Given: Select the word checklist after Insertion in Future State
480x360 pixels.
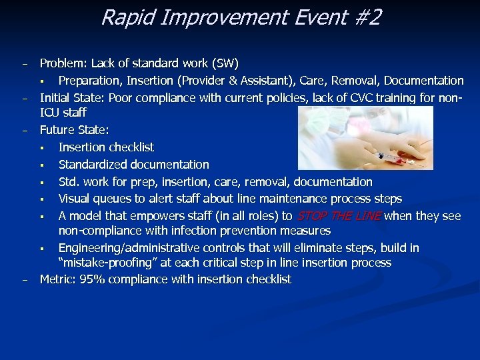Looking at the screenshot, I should click(x=131, y=147).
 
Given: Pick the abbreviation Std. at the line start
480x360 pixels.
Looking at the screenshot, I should click(x=69, y=182).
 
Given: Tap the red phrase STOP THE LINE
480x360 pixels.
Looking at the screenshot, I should click(x=339, y=215).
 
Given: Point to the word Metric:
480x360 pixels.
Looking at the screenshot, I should click(x=58, y=279).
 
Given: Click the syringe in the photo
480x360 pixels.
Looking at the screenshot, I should click(x=387, y=155).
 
